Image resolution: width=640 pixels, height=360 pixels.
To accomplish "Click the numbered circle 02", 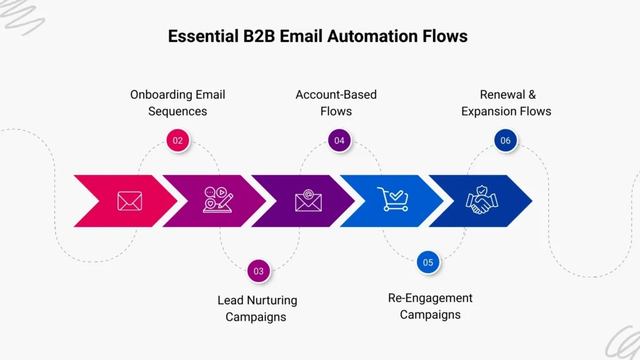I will point(178,141).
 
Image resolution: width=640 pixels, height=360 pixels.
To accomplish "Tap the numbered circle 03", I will point(259,271).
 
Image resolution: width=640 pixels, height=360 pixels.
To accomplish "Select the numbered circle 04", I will point(339,141).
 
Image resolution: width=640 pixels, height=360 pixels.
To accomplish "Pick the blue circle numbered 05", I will point(428,262).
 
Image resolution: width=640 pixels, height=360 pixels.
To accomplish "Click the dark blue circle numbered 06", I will point(505,141).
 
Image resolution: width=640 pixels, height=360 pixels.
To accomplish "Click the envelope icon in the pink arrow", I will point(130,201).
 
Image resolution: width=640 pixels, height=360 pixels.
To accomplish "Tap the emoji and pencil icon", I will point(218,200).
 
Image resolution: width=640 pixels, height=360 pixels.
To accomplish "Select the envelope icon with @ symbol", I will point(308,201).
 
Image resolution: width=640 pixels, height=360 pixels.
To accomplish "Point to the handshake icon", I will point(482,200).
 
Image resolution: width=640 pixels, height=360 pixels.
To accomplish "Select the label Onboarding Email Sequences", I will point(177,103).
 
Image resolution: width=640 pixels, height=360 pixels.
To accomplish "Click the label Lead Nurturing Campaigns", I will point(257,308).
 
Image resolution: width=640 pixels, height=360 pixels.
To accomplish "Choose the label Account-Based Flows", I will point(336,103).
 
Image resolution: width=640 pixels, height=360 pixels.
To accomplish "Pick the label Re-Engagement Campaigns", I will point(430,306).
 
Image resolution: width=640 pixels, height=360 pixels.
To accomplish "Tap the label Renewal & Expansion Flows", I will point(506,103).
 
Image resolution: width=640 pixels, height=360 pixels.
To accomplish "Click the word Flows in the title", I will point(444,36).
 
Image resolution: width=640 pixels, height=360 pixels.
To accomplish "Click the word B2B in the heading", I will point(257,36).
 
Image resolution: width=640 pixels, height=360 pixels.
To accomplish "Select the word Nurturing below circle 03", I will point(270,300).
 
